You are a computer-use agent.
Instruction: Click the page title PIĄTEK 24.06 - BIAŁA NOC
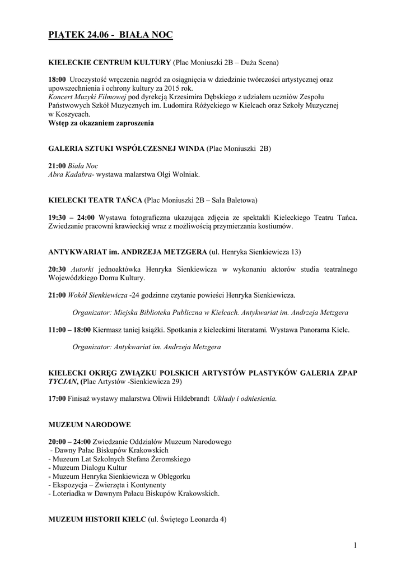[x=111, y=35]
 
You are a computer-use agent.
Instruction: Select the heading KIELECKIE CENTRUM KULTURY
[x=110, y=61]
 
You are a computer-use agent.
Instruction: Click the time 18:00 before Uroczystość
[x=57, y=80]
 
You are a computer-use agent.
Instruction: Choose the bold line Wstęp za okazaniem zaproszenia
[x=101, y=122]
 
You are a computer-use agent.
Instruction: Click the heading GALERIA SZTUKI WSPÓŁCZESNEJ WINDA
[x=127, y=149]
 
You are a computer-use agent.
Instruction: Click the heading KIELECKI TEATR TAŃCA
[x=95, y=200]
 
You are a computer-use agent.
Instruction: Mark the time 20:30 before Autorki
[x=57, y=270]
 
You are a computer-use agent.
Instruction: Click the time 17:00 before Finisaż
[x=57, y=399]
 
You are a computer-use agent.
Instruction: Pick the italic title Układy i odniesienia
[x=245, y=399]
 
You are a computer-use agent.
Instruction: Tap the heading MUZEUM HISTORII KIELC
[x=97, y=519]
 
